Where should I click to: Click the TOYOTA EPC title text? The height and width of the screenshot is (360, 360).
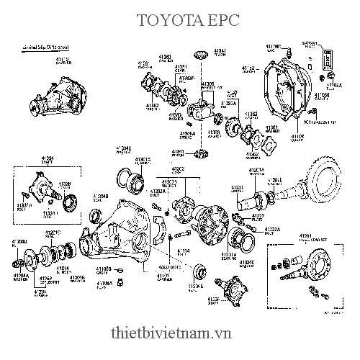pos(179,20)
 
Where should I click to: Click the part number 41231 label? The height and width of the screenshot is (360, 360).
pos(238,187)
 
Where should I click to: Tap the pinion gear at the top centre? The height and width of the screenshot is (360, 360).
pos(201,55)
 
